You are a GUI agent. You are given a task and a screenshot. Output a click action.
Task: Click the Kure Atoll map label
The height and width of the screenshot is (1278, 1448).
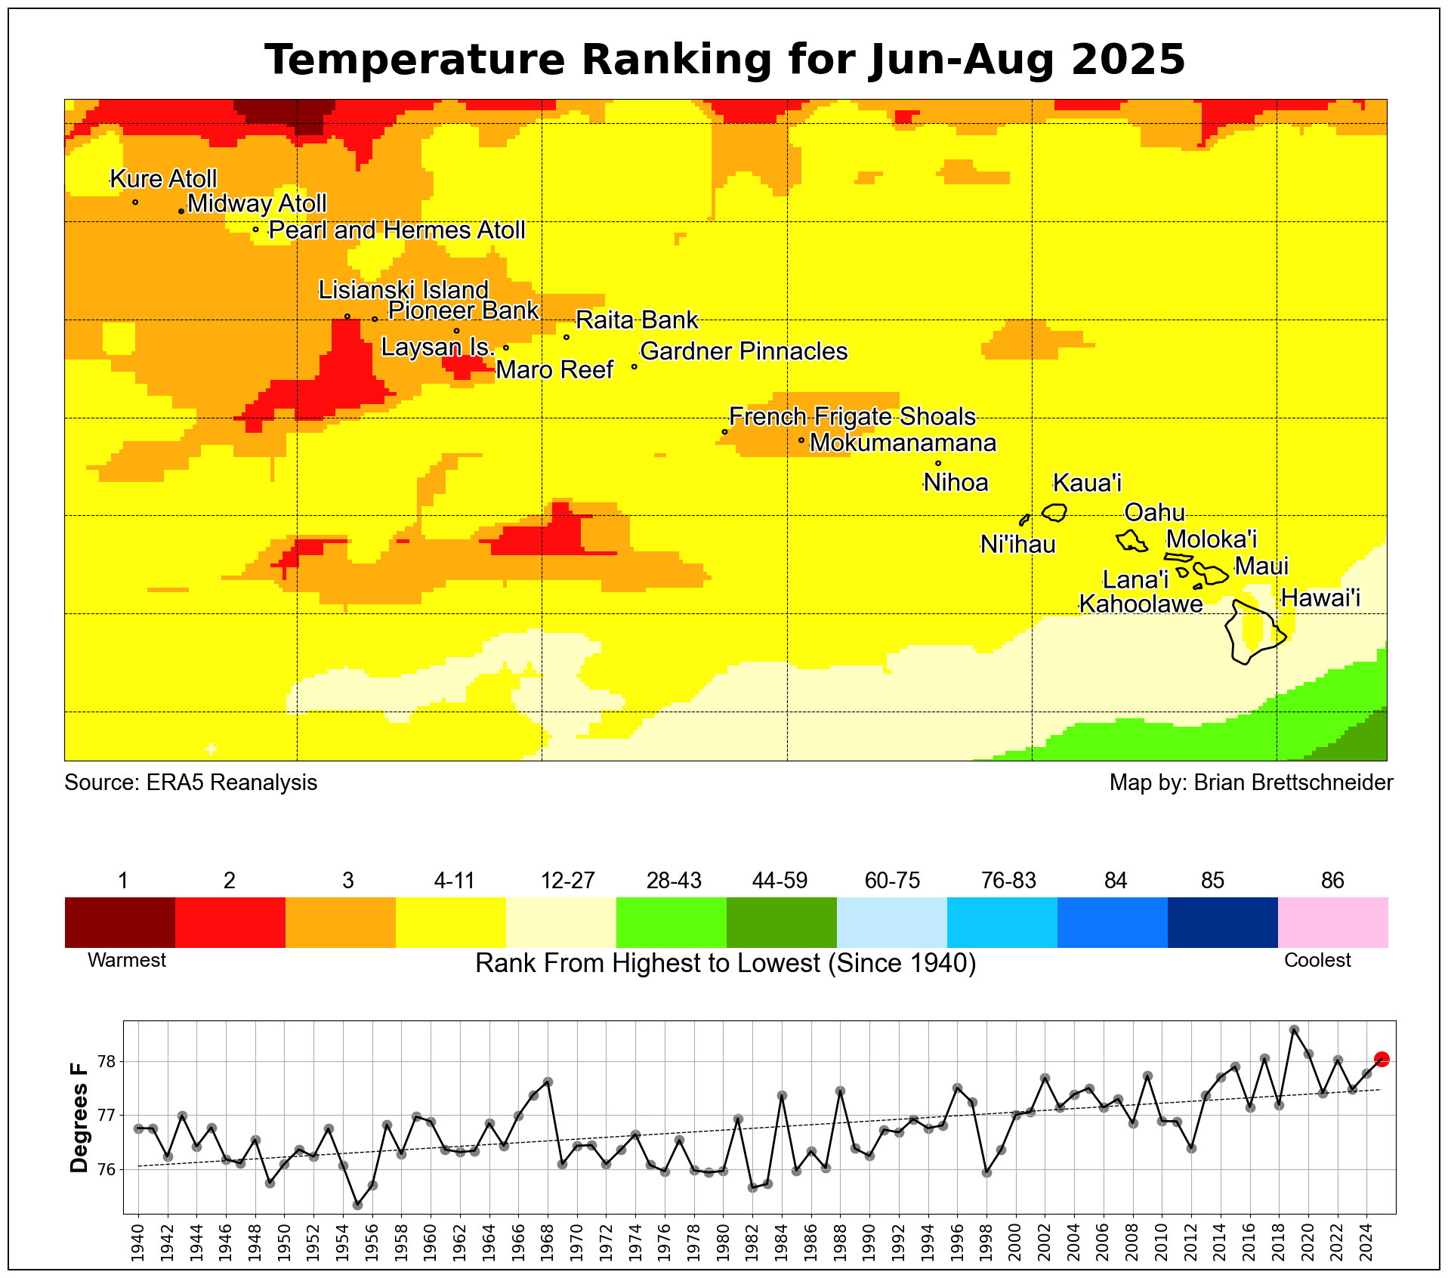pos(163,179)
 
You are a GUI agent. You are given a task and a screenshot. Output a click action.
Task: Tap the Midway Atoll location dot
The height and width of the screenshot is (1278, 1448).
pos(181,211)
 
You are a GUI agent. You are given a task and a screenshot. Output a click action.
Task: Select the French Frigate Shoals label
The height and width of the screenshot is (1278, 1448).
pos(852,417)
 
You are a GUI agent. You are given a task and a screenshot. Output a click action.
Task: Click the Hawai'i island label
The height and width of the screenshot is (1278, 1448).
pos(1321,598)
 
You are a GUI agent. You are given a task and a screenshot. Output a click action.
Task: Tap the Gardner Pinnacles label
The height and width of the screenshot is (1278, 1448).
pos(744,351)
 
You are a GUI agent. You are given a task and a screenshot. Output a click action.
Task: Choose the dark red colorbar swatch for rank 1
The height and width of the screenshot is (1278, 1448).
pos(120,922)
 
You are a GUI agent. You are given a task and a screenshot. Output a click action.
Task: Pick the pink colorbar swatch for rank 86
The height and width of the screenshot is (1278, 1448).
pos(1333,922)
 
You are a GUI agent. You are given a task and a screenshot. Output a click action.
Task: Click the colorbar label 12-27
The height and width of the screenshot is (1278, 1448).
pos(568,881)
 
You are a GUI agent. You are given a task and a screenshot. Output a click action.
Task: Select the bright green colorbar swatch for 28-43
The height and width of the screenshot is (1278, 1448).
pos(672,922)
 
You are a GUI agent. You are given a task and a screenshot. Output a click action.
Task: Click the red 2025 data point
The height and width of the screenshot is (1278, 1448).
pos(1382,1059)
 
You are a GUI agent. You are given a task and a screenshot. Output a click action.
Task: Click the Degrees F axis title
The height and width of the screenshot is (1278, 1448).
pos(79,1117)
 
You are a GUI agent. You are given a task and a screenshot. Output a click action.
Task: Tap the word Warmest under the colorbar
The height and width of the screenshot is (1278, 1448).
pos(127,961)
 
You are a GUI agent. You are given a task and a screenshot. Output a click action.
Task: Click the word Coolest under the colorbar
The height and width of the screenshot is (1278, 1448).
pos(1318,961)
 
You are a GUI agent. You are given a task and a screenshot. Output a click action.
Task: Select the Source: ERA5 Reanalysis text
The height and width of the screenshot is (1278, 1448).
pos(191,783)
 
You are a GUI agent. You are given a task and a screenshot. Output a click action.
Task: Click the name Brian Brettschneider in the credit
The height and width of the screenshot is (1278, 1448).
pos(1294,783)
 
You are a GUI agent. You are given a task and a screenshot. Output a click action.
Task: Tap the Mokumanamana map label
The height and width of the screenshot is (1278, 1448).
pos(903,443)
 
